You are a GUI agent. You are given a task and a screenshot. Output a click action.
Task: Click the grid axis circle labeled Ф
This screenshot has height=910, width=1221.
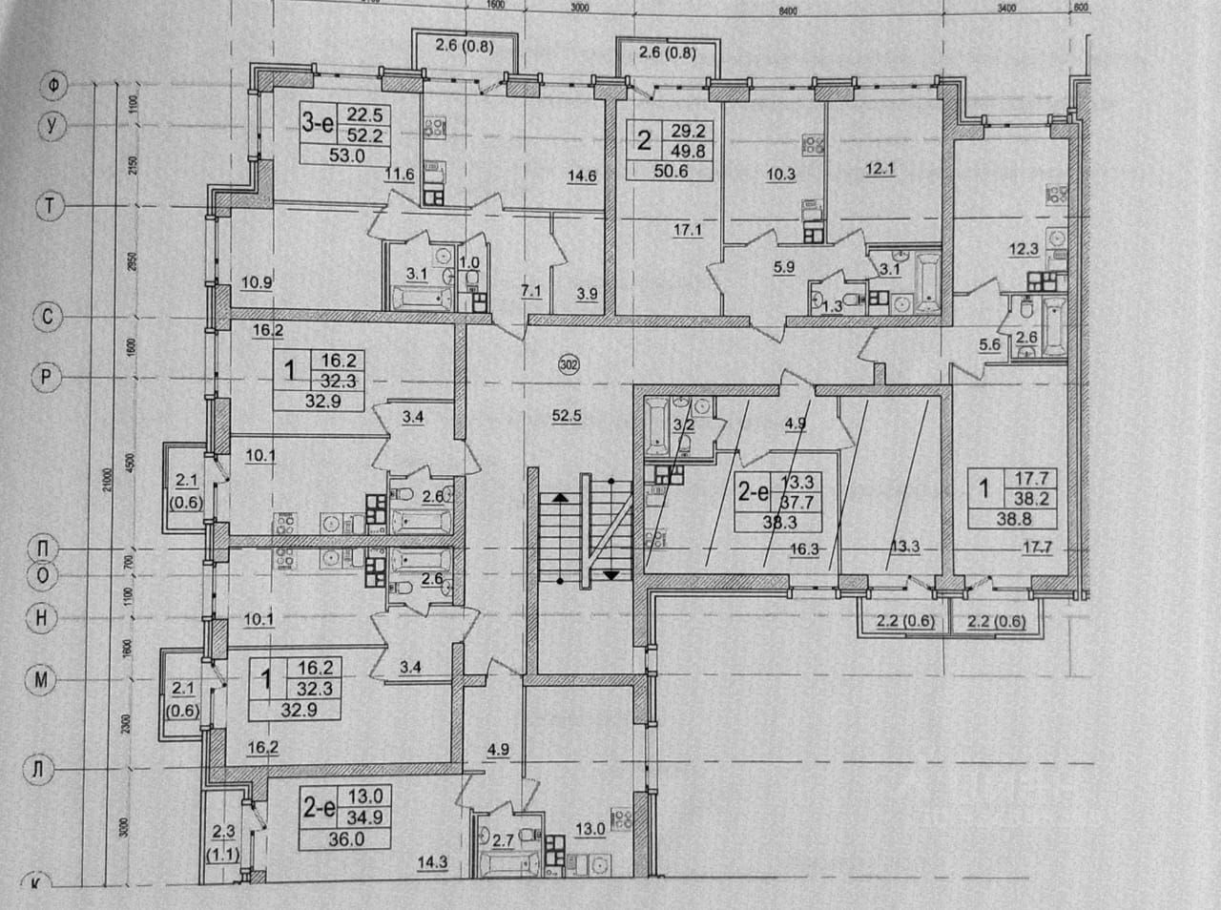click(53, 87)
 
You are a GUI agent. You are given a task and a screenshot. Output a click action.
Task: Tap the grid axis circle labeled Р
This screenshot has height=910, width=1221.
click(45, 378)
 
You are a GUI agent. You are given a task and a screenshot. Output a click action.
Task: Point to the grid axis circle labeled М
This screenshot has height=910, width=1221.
click(43, 680)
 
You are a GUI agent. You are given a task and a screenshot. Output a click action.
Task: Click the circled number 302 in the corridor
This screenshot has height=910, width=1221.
click(569, 363)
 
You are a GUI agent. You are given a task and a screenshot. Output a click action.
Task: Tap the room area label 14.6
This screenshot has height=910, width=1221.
click(581, 175)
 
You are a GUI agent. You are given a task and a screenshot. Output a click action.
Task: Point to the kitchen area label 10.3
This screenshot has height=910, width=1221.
click(780, 175)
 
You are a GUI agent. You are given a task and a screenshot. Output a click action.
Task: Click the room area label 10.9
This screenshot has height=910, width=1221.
click(258, 282)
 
